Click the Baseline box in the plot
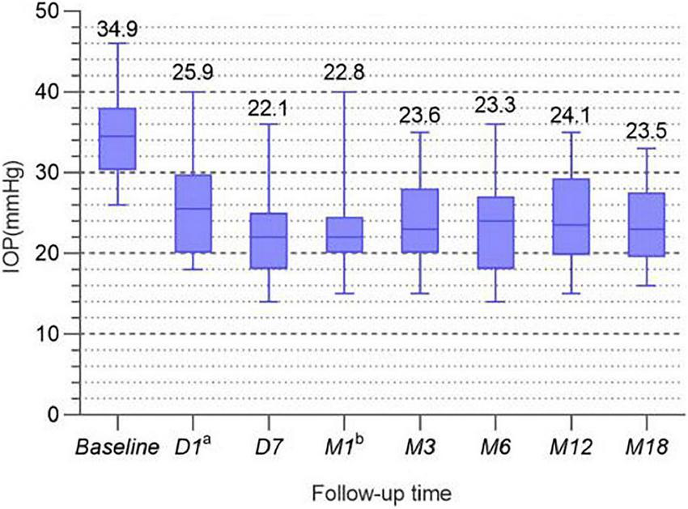[x=117, y=138]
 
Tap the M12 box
[x=571, y=216]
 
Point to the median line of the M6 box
[x=495, y=221]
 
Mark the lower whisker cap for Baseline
[x=117, y=205]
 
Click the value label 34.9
[x=117, y=30]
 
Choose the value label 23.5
[x=646, y=130]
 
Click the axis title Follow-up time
[x=382, y=491]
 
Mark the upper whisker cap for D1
[x=193, y=92]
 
